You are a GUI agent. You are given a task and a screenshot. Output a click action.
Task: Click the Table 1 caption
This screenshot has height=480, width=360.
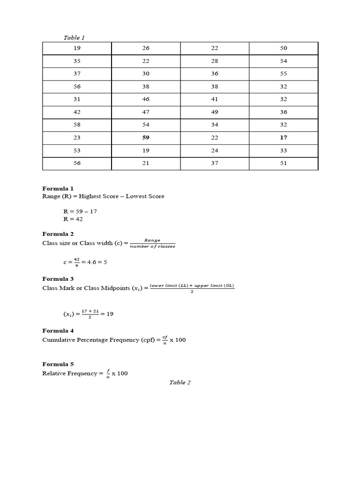[x=74, y=37]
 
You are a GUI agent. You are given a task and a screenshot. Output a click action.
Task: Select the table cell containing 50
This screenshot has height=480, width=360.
[x=284, y=48]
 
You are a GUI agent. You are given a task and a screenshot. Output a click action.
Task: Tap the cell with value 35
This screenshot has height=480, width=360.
[x=77, y=61]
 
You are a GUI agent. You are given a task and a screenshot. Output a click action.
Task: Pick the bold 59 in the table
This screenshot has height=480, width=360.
[x=145, y=138]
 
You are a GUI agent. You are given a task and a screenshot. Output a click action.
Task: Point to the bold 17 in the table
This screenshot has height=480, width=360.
[x=284, y=138]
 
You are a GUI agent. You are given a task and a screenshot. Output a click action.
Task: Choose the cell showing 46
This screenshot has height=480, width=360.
[x=145, y=99]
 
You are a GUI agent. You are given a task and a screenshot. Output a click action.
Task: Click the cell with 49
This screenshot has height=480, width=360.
[x=215, y=112]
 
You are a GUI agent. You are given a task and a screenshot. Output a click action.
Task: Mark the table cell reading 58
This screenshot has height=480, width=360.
[x=77, y=125]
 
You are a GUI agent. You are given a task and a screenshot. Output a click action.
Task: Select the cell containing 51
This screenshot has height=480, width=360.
[x=284, y=163]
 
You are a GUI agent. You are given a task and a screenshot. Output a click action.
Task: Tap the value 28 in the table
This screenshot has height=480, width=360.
[x=215, y=61]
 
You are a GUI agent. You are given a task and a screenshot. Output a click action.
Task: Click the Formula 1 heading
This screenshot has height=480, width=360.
[x=58, y=188]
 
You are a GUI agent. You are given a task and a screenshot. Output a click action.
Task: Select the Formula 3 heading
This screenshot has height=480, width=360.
[x=58, y=279]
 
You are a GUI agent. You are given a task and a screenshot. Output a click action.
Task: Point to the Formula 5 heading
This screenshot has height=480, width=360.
[x=58, y=364]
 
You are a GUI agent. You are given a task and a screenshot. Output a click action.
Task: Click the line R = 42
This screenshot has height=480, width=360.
[x=73, y=219]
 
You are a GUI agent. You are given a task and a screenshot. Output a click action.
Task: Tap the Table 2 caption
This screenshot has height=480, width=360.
[x=180, y=382]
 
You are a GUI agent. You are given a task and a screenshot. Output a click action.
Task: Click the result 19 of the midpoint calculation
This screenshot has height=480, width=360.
[x=110, y=314]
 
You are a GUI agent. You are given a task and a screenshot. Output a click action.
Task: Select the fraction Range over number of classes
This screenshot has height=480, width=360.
[x=152, y=243]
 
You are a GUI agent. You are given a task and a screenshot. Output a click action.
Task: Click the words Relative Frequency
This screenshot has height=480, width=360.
[x=70, y=374]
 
